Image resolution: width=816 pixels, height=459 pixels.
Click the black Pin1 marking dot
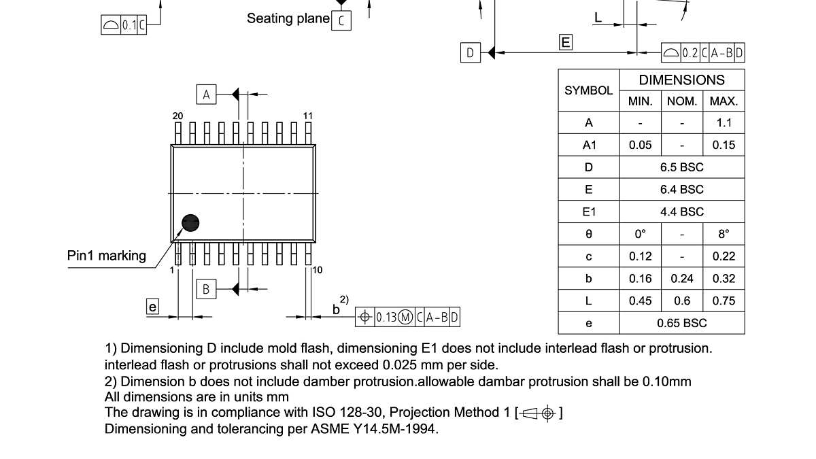(191, 223)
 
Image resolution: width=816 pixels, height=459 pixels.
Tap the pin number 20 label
(177, 116)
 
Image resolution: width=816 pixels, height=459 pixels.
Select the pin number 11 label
(308, 116)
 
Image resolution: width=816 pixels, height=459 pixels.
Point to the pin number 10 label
(318, 270)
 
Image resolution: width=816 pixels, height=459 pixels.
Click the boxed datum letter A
(206, 94)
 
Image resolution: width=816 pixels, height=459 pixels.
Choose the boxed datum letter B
(206, 289)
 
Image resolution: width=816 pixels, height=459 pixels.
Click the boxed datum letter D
(470, 52)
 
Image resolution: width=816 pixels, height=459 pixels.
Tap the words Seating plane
(288, 18)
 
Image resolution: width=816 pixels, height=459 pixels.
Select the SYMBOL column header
(588, 90)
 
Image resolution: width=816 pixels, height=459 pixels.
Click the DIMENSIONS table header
(681, 80)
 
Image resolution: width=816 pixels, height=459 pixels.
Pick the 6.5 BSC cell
(681, 167)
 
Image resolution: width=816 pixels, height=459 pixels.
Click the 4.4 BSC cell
(681, 211)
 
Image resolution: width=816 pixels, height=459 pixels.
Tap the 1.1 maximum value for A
(724, 123)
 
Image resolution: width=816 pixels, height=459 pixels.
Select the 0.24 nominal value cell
(681, 278)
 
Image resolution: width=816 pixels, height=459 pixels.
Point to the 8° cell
(724, 234)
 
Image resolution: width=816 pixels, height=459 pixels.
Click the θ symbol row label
(588, 234)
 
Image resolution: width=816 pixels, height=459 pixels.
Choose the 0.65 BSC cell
(681, 323)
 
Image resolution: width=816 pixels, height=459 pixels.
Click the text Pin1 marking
(106, 256)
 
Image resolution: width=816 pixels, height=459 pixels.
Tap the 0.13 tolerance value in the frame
(386, 317)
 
